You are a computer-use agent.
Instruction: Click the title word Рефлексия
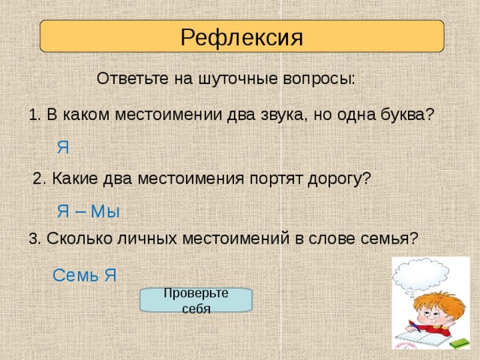(241, 37)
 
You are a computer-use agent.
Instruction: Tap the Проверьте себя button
(196, 300)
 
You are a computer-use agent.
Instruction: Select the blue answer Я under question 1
(63, 148)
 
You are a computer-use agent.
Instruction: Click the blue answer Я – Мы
(88, 211)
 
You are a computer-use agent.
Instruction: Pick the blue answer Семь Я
(85, 275)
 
